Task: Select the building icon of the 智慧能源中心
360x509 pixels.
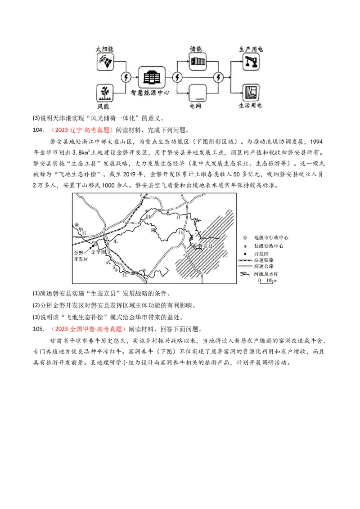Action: coord(152,77)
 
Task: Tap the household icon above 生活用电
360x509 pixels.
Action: coord(251,93)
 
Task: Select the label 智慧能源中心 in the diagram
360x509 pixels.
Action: coord(150,93)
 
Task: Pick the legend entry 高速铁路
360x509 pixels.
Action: coord(264,260)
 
